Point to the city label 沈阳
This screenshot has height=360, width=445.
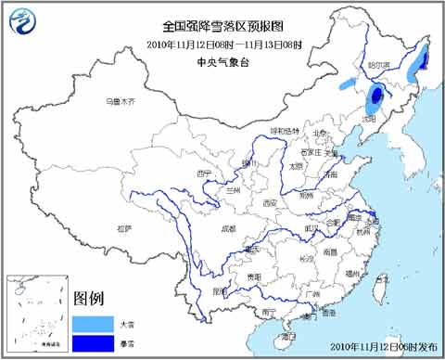[370, 119]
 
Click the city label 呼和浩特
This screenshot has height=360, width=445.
[286, 130]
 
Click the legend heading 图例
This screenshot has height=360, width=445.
[89, 298]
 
